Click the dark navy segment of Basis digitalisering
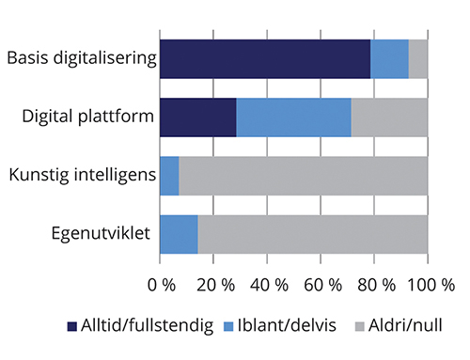click(265, 58)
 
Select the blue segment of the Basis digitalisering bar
click(389, 58)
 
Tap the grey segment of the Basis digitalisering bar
click(418, 58)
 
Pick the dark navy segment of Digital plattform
click(197, 117)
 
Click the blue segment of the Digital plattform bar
click(293, 117)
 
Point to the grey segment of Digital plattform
click(389, 117)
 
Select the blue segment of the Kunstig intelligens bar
click(169, 175)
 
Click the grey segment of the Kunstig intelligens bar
click(303, 175)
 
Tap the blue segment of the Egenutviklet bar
click(179, 234)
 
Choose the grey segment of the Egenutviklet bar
click(312, 234)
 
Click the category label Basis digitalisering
click(80, 58)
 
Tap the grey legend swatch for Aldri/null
click(358, 327)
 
